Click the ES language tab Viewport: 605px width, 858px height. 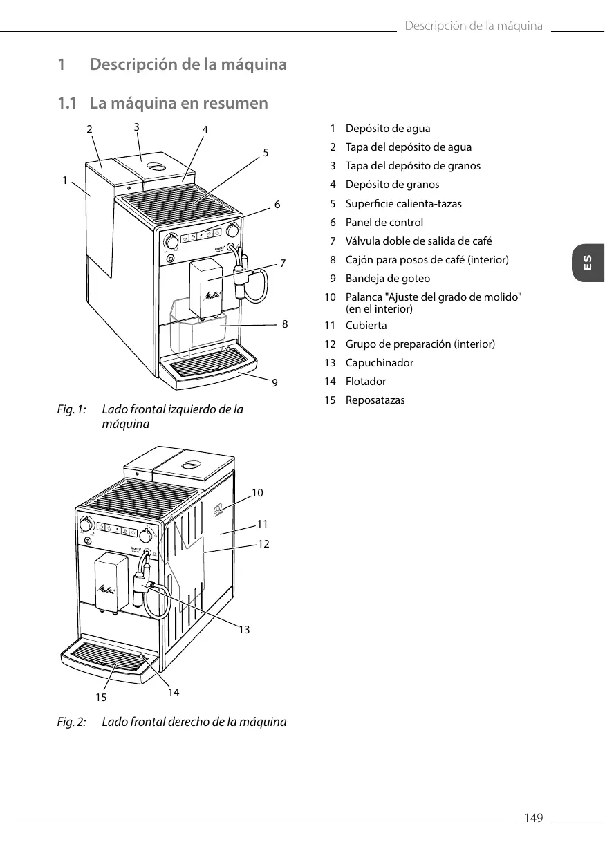click(x=588, y=263)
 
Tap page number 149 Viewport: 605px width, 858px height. click(x=533, y=819)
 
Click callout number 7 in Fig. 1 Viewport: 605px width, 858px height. click(x=283, y=263)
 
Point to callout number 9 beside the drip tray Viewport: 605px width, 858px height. click(x=275, y=381)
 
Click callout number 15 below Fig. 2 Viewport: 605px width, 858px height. click(x=101, y=698)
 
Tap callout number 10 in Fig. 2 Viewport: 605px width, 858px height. click(x=257, y=493)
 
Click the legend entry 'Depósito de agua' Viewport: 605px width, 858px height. click(x=387, y=129)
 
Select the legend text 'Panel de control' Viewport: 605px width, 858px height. click(x=384, y=223)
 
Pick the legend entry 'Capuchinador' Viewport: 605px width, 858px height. click(x=379, y=363)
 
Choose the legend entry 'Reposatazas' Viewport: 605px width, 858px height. click(x=375, y=400)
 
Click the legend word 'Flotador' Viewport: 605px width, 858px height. click(x=366, y=382)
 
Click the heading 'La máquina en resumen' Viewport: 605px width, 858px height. click(x=178, y=104)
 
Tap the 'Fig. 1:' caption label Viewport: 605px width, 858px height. click(x=71, y=409)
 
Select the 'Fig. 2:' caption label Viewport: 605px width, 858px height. click(x=71, y=722)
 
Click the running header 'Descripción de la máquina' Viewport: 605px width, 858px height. click(x=474, y=26)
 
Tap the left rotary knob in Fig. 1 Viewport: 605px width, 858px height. click(x=171, y=242)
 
